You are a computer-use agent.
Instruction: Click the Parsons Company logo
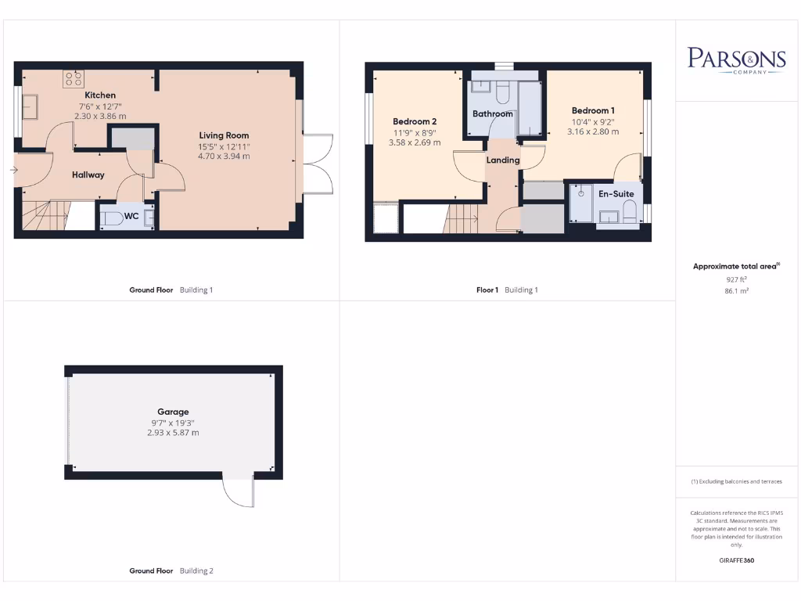(x=736, y=60)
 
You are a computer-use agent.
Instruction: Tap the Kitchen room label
(x=100, y=95)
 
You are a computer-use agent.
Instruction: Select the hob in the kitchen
(x=74, y=78)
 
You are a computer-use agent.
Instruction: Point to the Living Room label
(x=224, y=135)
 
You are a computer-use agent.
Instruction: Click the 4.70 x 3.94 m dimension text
(x=224, y=156)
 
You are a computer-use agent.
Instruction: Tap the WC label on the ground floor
(x=133, y=217)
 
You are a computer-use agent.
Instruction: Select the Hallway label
(x=88, y=175)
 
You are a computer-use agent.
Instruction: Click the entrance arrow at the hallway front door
(x=15, y=169)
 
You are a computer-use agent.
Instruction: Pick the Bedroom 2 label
(x=415, y=121)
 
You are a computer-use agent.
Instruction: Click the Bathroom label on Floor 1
(x=493, y=113)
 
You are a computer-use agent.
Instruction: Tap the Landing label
(x=503, y=160)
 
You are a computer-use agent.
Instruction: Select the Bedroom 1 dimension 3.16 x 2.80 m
(x=593, y=131)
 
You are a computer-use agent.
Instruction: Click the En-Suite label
(x=616, y=193)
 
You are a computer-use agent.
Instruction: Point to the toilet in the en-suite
(x=629, y=211)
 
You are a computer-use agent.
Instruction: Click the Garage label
(x=173, y=412)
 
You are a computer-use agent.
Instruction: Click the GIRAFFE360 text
(x=736, y=560)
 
